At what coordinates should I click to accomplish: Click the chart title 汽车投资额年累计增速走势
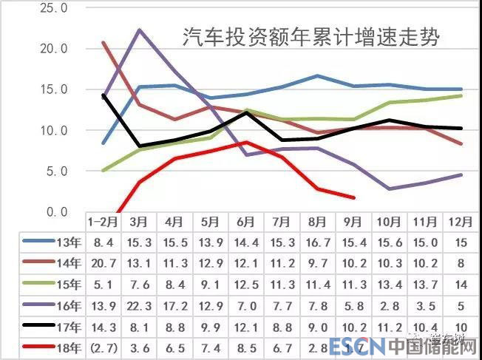(x=310, y=38)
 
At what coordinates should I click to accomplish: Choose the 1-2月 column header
(x=102, y=221)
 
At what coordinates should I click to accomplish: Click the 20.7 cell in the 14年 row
(x=102, y=262)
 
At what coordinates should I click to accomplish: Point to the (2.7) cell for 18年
(x=102, y=346)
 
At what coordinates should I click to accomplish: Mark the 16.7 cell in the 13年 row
(x=316, y=241)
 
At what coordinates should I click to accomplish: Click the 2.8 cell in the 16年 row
(x=389, y=304)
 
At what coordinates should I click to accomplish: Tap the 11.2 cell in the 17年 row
(x=389, y=325)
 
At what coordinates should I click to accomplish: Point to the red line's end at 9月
(x=354, y=197)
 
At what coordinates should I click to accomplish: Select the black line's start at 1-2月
(x=104, y=95)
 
